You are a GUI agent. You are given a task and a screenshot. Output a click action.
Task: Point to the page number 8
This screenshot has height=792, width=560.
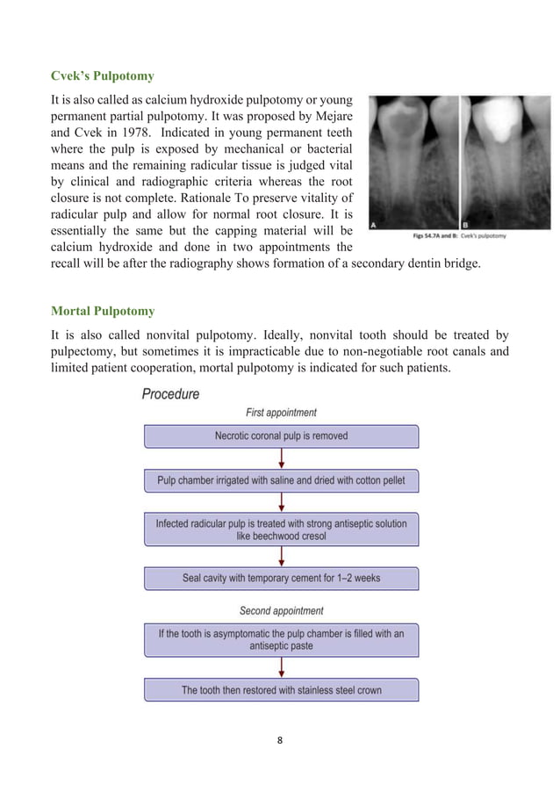(x=280, y=738)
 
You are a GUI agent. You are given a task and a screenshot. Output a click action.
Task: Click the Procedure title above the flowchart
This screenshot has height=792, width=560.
(x=170, y=394)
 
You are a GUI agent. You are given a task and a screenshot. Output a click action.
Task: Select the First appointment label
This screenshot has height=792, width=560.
(x=281, y=413)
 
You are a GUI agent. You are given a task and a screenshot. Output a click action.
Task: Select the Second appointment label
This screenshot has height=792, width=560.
(x=281, y=610)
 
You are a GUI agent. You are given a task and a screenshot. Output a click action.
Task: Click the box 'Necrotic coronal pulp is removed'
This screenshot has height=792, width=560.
(x=281, y=436)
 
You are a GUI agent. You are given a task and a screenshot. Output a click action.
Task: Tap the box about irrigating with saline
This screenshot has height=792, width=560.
(x=281, y=480)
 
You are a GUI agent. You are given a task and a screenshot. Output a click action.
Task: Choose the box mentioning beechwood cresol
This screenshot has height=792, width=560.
(x=281, y=529)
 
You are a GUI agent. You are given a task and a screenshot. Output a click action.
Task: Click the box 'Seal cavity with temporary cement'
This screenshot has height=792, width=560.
(x=281, y=579)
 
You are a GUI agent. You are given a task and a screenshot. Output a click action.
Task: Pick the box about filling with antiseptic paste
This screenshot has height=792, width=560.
(x=281, y=639)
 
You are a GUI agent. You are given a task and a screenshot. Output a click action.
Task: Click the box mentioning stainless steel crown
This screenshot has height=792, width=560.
(x=281, y=690)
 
